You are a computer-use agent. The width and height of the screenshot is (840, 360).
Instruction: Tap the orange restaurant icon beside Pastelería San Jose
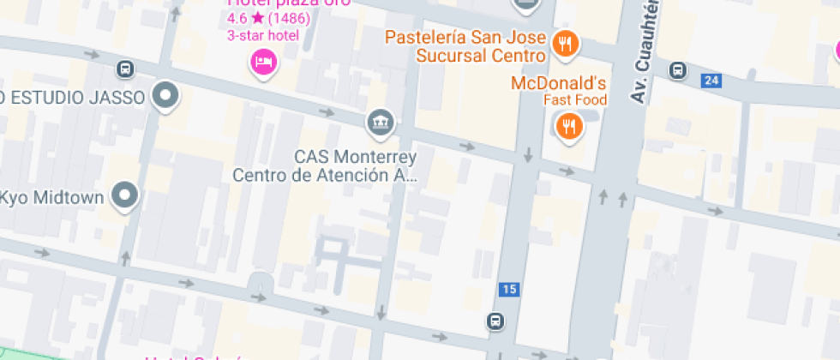565,43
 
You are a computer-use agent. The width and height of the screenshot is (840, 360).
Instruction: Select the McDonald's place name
558,83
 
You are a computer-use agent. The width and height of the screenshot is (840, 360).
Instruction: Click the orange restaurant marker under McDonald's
567,128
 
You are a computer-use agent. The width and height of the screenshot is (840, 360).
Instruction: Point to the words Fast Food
574,99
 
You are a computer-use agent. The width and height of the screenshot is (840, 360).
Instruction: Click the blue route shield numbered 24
710,81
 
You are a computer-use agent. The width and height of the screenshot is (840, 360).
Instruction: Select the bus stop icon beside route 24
678,70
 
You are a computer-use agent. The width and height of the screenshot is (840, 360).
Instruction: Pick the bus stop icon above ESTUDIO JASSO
125,69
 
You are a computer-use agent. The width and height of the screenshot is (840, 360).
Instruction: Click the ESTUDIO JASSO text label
73,97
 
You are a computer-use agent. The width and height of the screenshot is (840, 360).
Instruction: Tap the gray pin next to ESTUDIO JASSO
165,95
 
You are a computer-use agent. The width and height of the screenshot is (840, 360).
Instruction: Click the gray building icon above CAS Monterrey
380,123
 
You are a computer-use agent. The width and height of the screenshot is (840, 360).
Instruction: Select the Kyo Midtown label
51,198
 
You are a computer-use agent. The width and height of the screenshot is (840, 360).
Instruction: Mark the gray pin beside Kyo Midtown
127,195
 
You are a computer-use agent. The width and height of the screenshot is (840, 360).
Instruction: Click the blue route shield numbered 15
509,290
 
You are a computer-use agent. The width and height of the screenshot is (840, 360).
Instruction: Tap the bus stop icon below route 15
495,321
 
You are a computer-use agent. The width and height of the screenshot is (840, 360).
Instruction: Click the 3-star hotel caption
262,35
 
